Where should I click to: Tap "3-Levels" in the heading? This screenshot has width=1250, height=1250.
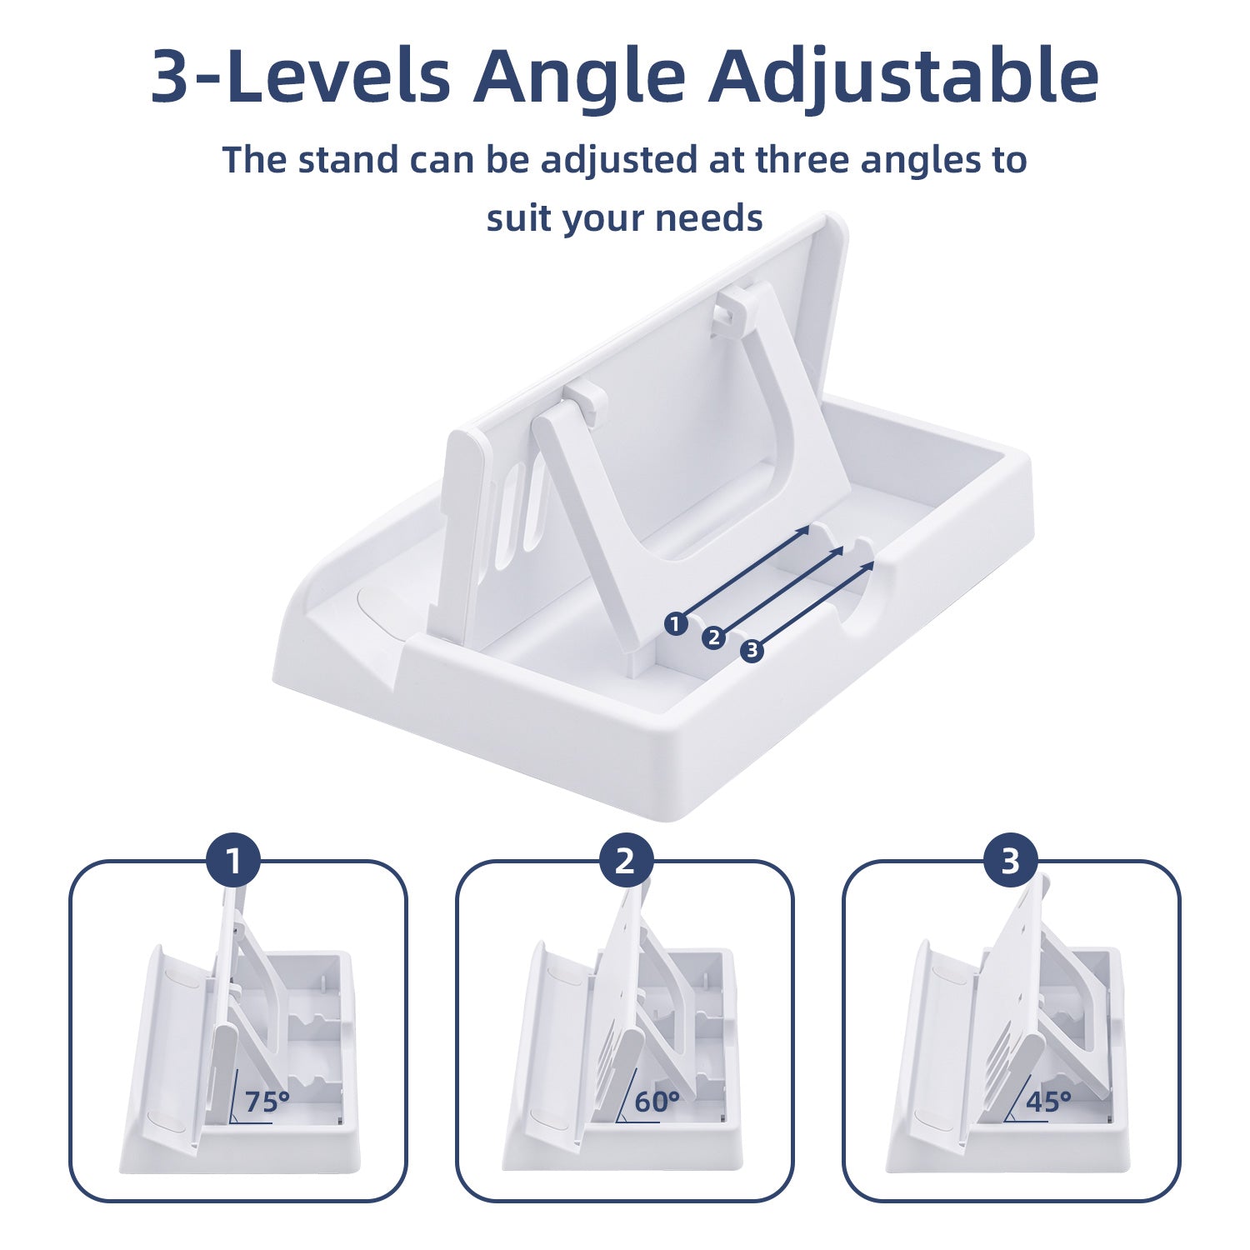tap(301, 76)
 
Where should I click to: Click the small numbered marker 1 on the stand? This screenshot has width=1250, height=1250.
tap(676, 623)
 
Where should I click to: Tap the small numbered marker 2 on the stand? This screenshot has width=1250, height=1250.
tap(713, 637)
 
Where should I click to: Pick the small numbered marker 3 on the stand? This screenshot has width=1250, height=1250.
tap(752, 650)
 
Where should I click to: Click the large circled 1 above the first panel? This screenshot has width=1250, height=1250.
tap(233, 861)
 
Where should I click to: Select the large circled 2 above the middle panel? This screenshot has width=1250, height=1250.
tap(625, 861)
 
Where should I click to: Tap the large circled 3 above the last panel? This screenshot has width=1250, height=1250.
tap(1010, 861)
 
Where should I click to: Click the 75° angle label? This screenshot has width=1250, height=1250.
tap(267, 1102)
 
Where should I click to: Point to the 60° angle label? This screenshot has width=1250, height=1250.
tap(657, 1102)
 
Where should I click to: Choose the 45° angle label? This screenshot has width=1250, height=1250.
tap(1047, 1102)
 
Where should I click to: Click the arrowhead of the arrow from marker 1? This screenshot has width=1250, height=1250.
tap(803, 530)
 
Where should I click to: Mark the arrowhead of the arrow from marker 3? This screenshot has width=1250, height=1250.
tap(868, 566)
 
